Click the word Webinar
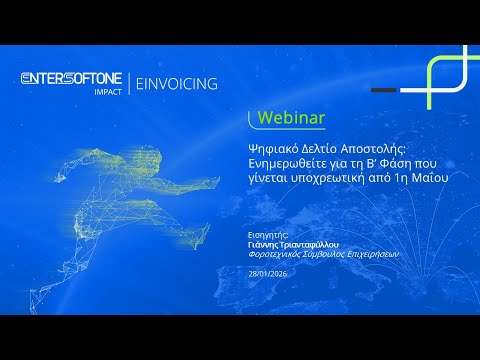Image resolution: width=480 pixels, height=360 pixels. [291, 118]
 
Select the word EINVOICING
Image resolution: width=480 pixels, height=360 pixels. [176, 84]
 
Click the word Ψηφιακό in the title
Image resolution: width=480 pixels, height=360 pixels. [273, 146]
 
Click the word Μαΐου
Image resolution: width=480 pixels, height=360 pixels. [431, 176]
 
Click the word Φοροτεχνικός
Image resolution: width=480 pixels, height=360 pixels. [278, 254]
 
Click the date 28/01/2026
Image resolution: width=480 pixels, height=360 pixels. [268, 273]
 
